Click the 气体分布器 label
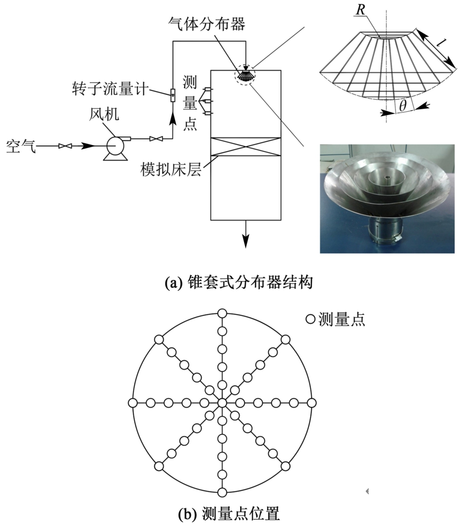tap(207, 24)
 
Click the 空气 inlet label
tap(21, 146)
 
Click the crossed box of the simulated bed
tap(246, 146)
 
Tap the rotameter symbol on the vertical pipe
tap(173, 96)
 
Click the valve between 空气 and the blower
tap(65, 146)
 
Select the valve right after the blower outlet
tap(156, 138)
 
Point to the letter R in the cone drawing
tap(361, 10)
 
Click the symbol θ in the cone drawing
tap(403, 106)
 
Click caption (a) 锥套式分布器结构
tap(239, 282)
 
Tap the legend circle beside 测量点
tap(311, 319)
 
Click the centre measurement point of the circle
tap(222, 403)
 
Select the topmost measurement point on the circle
tap(222, 313)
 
